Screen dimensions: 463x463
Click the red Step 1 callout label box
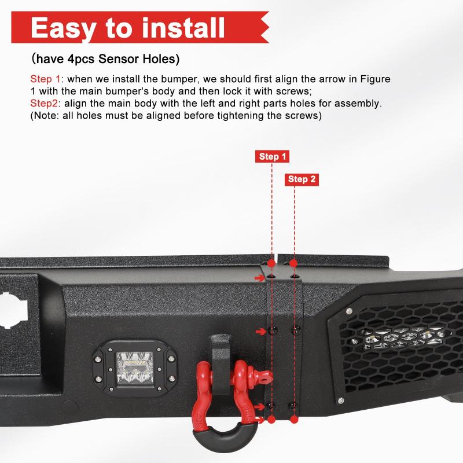(272, 156)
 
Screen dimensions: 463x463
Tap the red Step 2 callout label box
(303, 179)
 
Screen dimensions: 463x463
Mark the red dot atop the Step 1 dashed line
(271, 263)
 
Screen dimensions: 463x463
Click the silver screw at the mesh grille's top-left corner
(349, 312)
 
